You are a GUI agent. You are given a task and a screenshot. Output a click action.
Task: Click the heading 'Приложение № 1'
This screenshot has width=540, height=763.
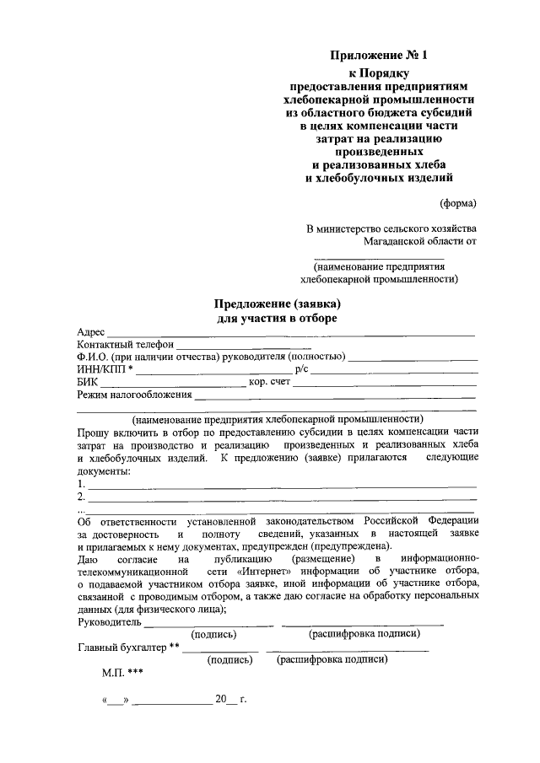379,56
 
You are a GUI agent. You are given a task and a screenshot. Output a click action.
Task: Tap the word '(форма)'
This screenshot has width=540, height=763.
458,202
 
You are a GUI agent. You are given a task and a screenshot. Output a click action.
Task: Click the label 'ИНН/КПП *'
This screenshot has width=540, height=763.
105,369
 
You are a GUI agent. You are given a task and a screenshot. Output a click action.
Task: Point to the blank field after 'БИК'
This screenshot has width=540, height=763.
172,384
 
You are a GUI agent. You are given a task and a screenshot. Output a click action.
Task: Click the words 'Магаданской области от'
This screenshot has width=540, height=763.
420,240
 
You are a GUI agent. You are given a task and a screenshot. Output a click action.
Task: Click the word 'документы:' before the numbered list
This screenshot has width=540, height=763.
103,470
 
